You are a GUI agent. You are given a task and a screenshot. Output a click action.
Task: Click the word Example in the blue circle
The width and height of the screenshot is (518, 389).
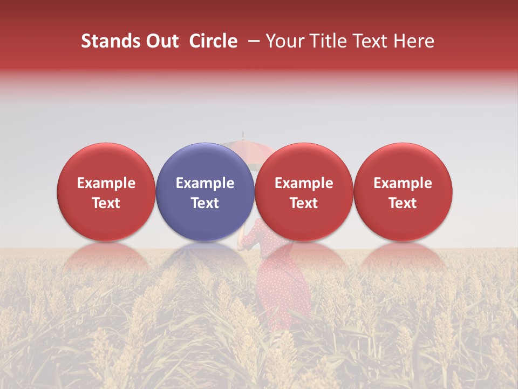205,183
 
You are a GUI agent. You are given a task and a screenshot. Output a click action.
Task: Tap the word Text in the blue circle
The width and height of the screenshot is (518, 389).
205,203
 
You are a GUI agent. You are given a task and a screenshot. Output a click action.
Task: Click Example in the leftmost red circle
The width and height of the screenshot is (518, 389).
106,183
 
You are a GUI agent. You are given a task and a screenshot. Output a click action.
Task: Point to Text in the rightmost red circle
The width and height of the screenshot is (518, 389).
403,203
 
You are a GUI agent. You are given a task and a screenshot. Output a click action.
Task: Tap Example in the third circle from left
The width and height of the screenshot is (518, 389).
304,183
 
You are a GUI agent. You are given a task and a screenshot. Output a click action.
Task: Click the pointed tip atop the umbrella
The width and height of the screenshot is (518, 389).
243,133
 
